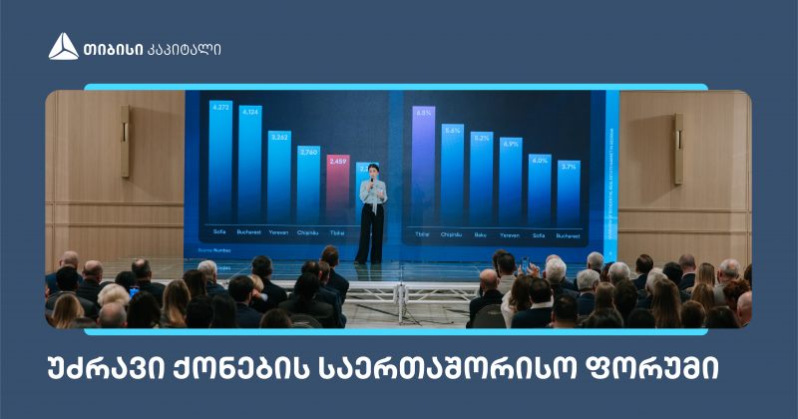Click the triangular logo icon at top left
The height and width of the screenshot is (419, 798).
[x=63, y=46]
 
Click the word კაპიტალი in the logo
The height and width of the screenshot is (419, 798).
[x=184, y=47]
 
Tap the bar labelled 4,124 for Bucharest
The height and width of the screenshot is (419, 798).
[x=250, y=170]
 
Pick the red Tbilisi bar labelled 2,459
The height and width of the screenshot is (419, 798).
[x=338, y=195]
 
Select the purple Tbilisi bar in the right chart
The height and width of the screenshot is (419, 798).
[x=423, y=170]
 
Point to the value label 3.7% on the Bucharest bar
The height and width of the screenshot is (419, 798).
[x=568, y=167]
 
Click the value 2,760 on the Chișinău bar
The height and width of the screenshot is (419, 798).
[x=308, y=152]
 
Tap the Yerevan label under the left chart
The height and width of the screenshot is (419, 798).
[x=279, y=230]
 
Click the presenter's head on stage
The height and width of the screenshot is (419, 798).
[x=373, y=170]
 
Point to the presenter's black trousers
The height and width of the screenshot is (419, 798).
[x=370, y=234]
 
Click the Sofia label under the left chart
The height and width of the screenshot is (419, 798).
[x=218, y=230]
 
